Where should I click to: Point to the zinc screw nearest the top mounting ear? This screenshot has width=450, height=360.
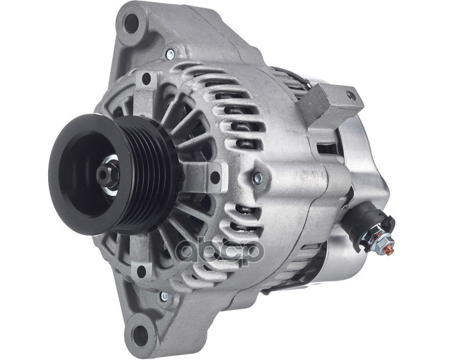[x=170, y=54]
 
